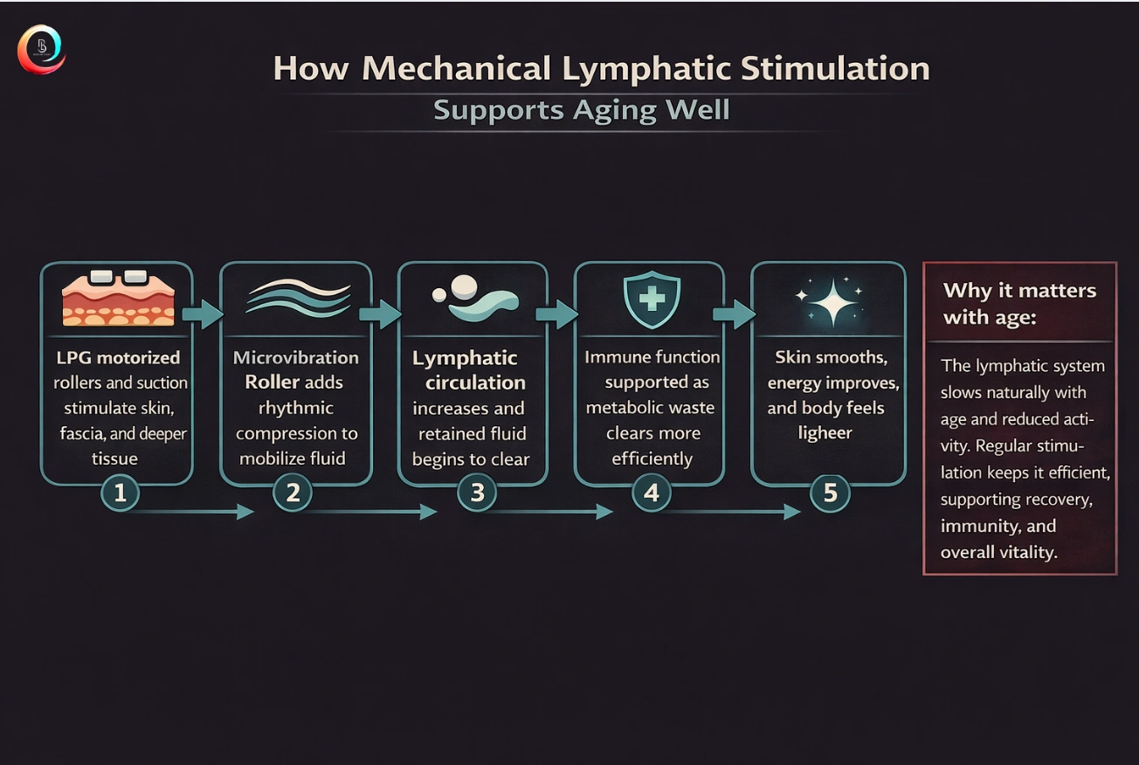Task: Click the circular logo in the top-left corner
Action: pos(41,50)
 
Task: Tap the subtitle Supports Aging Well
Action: pos(581,111)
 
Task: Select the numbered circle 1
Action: pos(121,493)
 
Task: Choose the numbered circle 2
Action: pos(293,493)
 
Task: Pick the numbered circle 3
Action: pos(477,493)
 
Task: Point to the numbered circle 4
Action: pos(651,493)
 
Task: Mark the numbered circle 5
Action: pos(830,493)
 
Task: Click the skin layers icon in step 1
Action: pos(117,300)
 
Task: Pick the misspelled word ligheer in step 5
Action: pos(825,433)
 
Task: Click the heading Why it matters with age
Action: pos(1019,303)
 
